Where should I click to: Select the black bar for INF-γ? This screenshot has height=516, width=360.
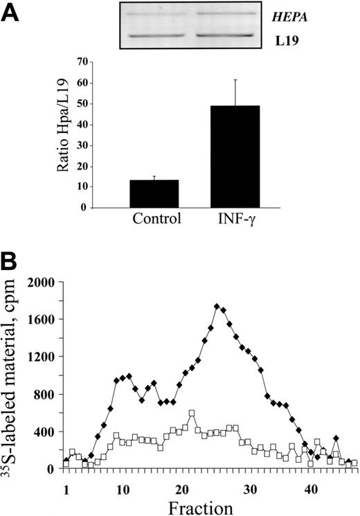tap(235, 157)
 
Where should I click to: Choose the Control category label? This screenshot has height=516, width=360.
tap(154, 220)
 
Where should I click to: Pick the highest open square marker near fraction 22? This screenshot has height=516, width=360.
tap(192, 413)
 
